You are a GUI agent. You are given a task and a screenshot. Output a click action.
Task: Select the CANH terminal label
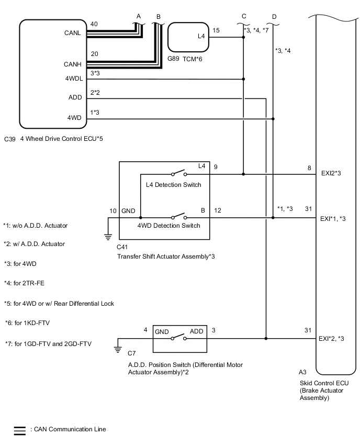point(72,65)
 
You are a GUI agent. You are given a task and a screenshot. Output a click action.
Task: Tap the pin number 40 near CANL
point(94,24)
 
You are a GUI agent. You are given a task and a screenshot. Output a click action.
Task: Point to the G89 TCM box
point(188,37)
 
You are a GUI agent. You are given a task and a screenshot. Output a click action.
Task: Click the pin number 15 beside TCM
point(216,30)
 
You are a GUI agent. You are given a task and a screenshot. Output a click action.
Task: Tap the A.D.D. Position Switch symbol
point(178,338)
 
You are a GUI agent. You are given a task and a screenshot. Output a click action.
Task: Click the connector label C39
point(9,139)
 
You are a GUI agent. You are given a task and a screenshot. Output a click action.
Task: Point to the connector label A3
point(302,373)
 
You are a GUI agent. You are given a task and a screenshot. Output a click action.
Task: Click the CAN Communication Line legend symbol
point(19,431)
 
